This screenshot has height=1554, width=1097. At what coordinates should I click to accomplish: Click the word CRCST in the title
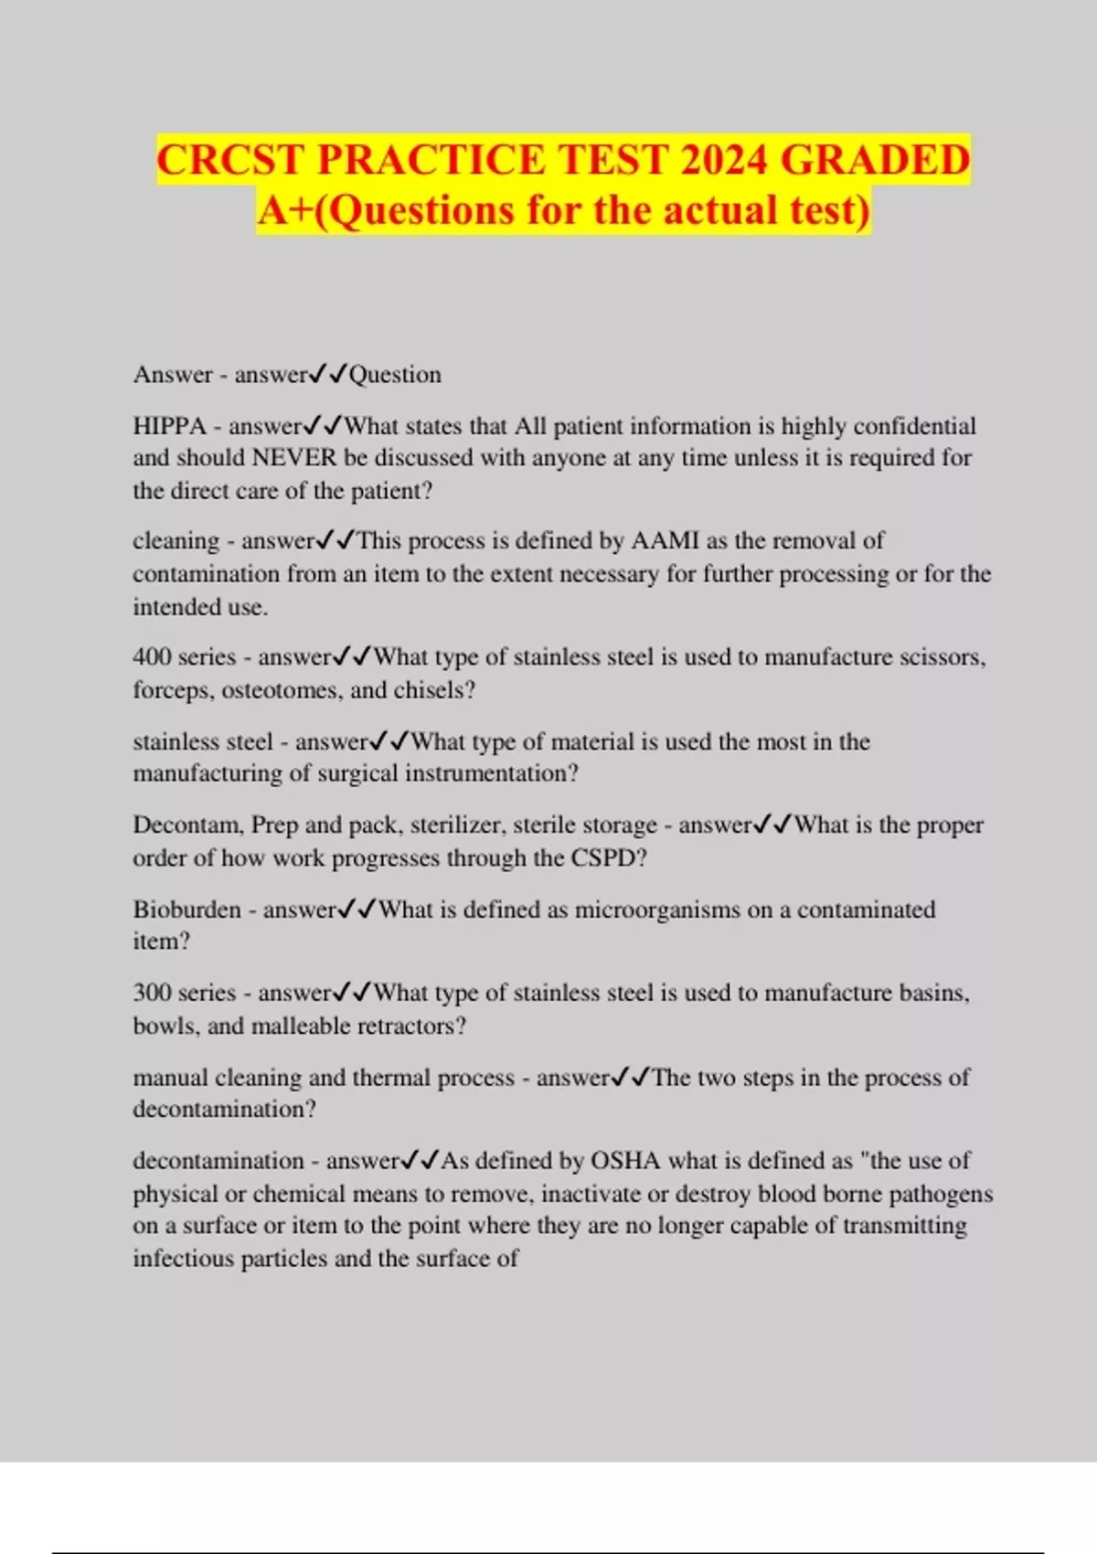click(x=231, y=160)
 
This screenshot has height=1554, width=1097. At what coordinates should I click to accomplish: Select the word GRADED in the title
click(x=875, y=160)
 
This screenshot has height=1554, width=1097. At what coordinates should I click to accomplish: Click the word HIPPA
click(x=169, y=426)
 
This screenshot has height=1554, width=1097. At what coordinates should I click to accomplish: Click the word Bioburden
click(x=187, y=910)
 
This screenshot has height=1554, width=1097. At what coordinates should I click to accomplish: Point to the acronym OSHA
click(x=625, y=1161)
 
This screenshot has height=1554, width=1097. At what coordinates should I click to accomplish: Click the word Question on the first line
click(x=395, y=375)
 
